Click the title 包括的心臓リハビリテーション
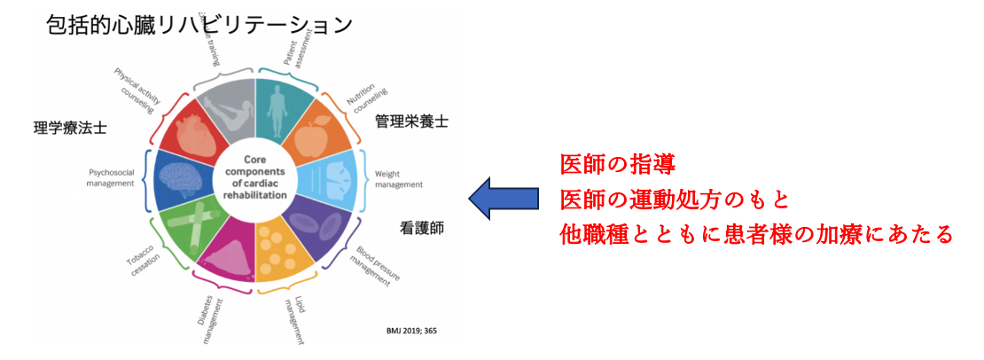coord(200,24)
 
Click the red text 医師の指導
coord(618,165)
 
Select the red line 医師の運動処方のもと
coord(675,200)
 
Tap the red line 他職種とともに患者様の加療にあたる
coord(756,235)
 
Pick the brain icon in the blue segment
coord(184,176)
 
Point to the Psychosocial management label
coord(112,177)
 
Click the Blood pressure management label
coord(376,264)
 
